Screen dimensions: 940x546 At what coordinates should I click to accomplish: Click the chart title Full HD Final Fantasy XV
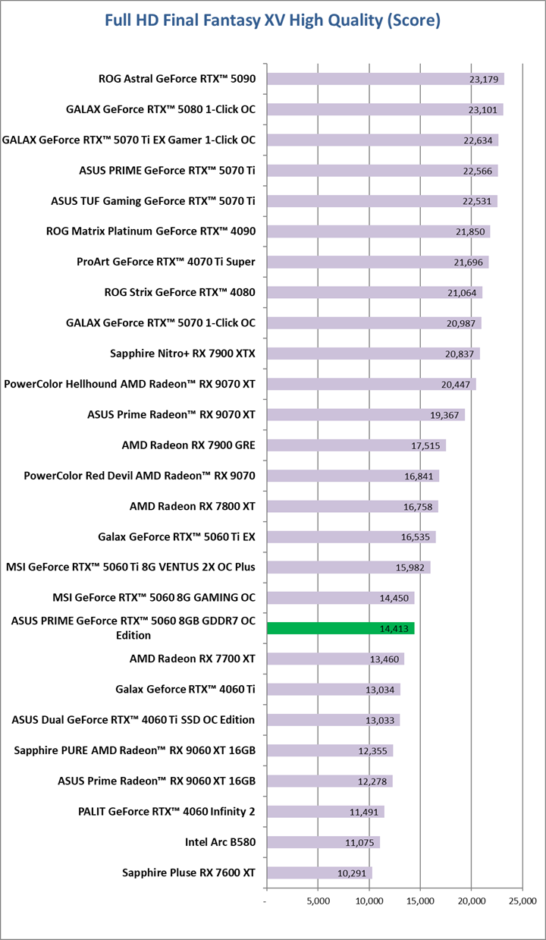click(x=272, y=21)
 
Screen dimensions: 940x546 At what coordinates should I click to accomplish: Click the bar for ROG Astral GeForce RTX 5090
click(x=384, y=79)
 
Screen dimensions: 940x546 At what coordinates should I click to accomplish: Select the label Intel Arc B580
click(x=220, y=842)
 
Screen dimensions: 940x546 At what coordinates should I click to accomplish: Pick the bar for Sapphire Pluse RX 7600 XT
click(x=318, y=872)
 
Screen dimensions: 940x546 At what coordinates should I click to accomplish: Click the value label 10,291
click(x=353, y=873)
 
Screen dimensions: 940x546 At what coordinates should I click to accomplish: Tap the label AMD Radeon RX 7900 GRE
click(x=188, y=445)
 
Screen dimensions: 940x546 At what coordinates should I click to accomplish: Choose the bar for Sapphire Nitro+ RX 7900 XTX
click(x=372, y=354)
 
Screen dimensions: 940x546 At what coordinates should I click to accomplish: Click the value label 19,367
click(x=446, y=415)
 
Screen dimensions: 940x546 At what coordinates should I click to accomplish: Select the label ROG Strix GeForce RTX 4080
click(x=180, y=292)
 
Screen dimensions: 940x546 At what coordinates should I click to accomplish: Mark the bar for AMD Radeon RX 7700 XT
click(x=334, y=659)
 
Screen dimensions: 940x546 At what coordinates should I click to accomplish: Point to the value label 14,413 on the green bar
click(x=394, y=629)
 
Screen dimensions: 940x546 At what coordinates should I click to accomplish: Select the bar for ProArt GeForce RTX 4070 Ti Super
click(x=377, y=262)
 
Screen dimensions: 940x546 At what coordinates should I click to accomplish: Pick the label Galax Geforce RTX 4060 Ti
click(x=185, y=689)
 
